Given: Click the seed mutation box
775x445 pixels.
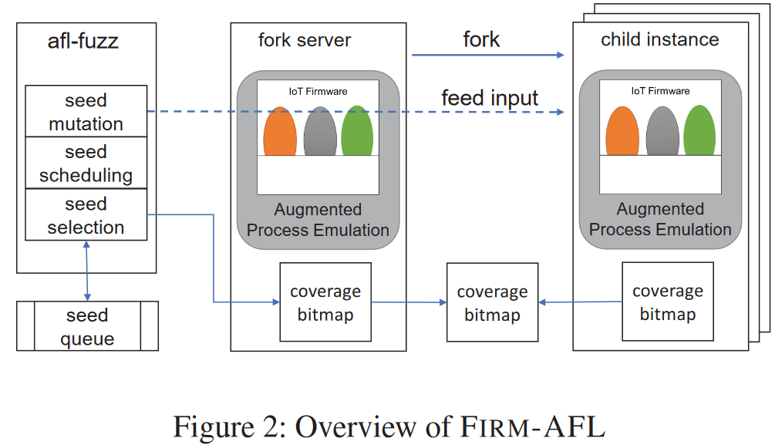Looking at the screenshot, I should tap(86, 112).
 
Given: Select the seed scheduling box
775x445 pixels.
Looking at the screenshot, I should tap(86, 164).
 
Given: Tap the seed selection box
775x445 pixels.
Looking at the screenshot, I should tap(86, 216).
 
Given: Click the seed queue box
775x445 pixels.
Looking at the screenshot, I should tap(87, 327).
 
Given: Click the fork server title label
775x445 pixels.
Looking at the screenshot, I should tap(305, 40).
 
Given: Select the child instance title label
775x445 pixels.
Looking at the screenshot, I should tap(659, 39).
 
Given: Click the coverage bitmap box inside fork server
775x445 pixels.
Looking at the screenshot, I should tap(325, 302).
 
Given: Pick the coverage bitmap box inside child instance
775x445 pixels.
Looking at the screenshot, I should tap(667, 302).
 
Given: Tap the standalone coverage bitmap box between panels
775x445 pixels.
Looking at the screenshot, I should tap(492, 303).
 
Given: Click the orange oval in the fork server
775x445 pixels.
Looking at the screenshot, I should tap(280, 132).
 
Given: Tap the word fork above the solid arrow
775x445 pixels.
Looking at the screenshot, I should tap(481, 39).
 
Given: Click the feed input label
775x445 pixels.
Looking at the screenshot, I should tap(490, 98).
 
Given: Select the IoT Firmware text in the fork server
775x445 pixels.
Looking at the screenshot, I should tap(318, 91).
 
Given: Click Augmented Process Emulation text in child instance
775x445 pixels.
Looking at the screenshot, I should tap(660, 219).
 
